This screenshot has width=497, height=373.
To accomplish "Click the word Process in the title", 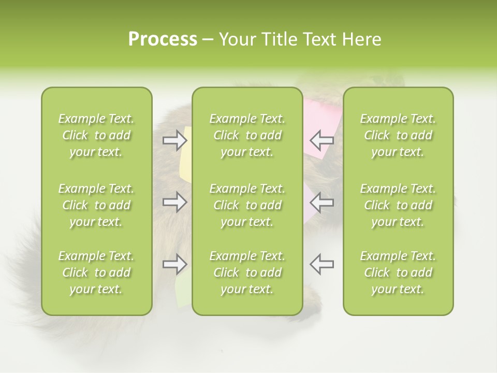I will pyautogui.click(x=163, y=39).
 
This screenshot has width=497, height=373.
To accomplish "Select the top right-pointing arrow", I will pyautogui.click(x=174, y=140).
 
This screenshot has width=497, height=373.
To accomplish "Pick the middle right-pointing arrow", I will pyautogui.click(x=174, y=202).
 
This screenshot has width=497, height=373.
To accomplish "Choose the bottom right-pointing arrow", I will pyautogui.click(x=174, y=264).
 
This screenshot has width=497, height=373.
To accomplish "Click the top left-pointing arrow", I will pyautogui.click(x=321, y=140).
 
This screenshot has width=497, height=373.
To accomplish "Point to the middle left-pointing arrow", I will pyautogui.click(x=321, y=202).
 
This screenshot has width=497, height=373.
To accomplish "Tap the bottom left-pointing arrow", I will pyautogui.click(x=321, y=264).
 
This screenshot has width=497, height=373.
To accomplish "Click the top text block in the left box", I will pyautogui.click(x=96, y=135).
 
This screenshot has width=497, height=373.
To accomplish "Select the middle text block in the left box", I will pyautogui.click(x=96, y=205).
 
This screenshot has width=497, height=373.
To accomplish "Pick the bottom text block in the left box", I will pyautogui.click(x=96, y=272).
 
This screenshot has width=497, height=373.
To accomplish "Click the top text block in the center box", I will pyautogui.click(x=247, y=135).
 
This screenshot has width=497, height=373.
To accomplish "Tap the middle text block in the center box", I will pyautogui.click(x=247, y=205).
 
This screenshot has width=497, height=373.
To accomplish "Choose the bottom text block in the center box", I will pyautogui.click(x=247, y=272).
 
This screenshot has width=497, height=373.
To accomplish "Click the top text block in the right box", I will pyautogui.click(x=398, y=135).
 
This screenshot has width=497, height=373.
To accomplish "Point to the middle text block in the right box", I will pyautogui.click(x=398, y=205).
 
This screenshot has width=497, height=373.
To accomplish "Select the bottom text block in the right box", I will pyautogui.click(x=398, y=272).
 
